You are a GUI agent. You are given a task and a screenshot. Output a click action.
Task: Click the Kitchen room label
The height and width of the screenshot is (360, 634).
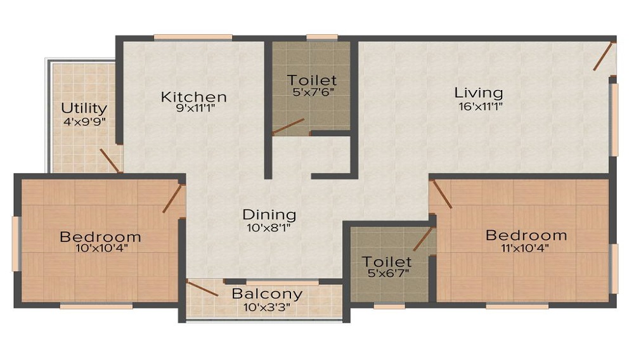pyautogui.click(x=193, y=97)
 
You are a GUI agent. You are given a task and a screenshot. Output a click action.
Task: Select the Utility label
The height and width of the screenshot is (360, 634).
pyautogui.click(x=84, y=108)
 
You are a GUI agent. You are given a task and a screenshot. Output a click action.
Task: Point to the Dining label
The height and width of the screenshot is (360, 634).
pyautogui.click(x=269, y=214)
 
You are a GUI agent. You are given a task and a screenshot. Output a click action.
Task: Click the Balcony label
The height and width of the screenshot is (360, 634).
pyautogui.click(x=266, y=294)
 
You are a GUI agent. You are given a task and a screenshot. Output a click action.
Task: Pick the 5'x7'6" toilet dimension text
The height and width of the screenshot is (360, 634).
pyautogui.click(x=311, y=92)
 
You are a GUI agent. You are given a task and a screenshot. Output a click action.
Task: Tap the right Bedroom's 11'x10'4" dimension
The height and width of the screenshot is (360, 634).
pyautogui.click(x=526, y=247)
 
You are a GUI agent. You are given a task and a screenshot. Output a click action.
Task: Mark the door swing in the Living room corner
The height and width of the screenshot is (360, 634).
pyautogui.click(x=604, y=56)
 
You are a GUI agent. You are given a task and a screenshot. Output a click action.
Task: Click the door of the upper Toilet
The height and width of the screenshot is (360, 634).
pyautogui.click(x=288, y=127)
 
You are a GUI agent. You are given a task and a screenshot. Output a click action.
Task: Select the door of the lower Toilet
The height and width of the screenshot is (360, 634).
pyautogui.click(x=422, y=239)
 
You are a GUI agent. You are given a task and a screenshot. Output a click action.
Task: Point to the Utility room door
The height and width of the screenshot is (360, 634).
pyautogui.click(x=110, y=160)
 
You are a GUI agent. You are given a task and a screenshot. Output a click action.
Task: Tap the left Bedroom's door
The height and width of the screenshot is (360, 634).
pyautogui.click(x=172, y=198)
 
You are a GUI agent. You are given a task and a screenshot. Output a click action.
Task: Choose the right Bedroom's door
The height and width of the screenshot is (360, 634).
pyautogui.click(x=441, y=194)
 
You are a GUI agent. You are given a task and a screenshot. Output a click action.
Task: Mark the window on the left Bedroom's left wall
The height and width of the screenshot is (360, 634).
pyautogui.click(x=16, y=243)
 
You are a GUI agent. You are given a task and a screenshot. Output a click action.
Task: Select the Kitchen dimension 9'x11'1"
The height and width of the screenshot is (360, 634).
pyautogui.click(x=193, y=109)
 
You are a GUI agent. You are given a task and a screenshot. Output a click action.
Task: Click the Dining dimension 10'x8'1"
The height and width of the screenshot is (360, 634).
pyautogui.click(x=269, y=226)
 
